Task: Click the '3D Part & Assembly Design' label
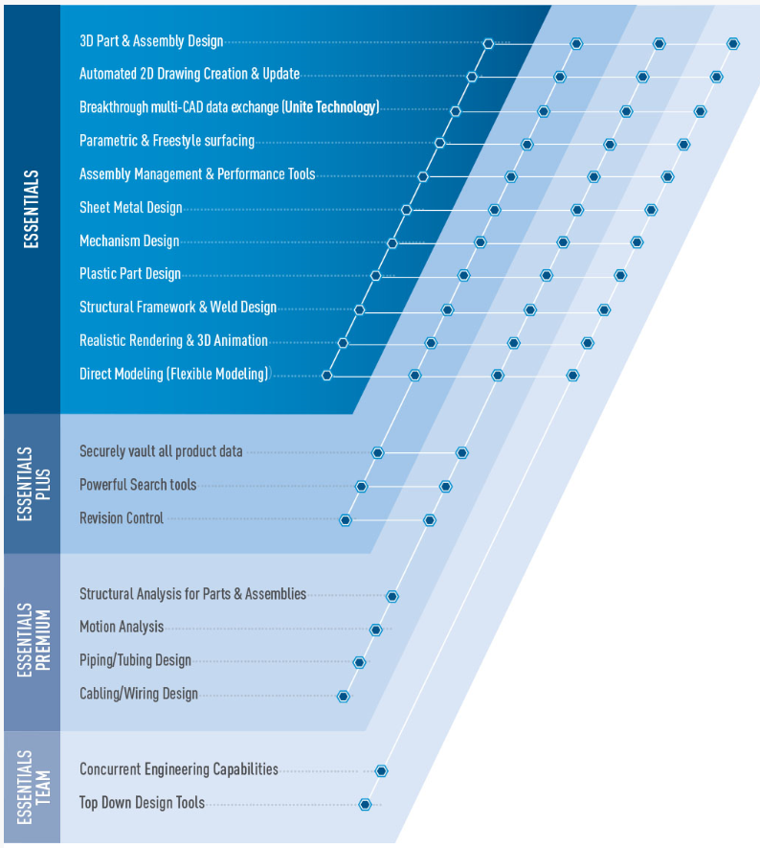[151, 41]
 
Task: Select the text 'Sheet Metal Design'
[130, 208]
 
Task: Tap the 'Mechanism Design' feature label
[129, 241]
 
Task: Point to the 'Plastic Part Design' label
[130, 274]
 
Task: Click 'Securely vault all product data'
[161, 451]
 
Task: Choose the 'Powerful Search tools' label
[138, 485]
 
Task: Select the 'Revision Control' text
[122, 518]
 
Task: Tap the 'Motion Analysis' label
[122, 627]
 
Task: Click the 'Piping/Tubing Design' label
[135, 660]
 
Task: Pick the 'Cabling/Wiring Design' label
[139, 694]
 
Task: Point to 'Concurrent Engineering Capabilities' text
[179, 769]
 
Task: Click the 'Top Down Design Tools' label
[142, 803]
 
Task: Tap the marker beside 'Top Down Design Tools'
[365, 805]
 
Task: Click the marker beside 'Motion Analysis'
[376, 630]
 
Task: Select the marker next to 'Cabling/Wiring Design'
[344, 697]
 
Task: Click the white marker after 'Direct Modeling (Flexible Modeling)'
[327, 375]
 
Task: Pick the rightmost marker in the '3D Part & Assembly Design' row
[733, 43]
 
